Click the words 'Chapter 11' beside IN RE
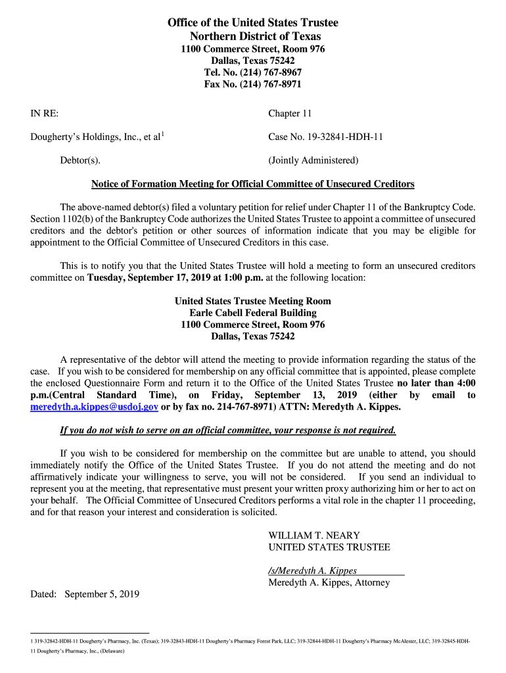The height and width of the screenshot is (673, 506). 290,114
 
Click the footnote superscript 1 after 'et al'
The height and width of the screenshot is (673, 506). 163,134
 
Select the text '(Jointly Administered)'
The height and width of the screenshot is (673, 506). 313,160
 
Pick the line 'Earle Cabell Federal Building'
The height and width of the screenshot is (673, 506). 253,313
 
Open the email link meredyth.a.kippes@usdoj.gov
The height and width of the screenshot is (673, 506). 95,407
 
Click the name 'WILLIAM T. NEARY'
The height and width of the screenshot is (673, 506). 314,536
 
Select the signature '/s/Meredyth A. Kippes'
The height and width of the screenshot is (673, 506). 313,570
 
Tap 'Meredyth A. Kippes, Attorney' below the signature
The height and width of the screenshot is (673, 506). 329,582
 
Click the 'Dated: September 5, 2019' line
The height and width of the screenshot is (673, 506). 85,594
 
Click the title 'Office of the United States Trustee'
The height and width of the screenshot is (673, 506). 253,23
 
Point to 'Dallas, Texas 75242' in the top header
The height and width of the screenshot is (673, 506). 253,60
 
